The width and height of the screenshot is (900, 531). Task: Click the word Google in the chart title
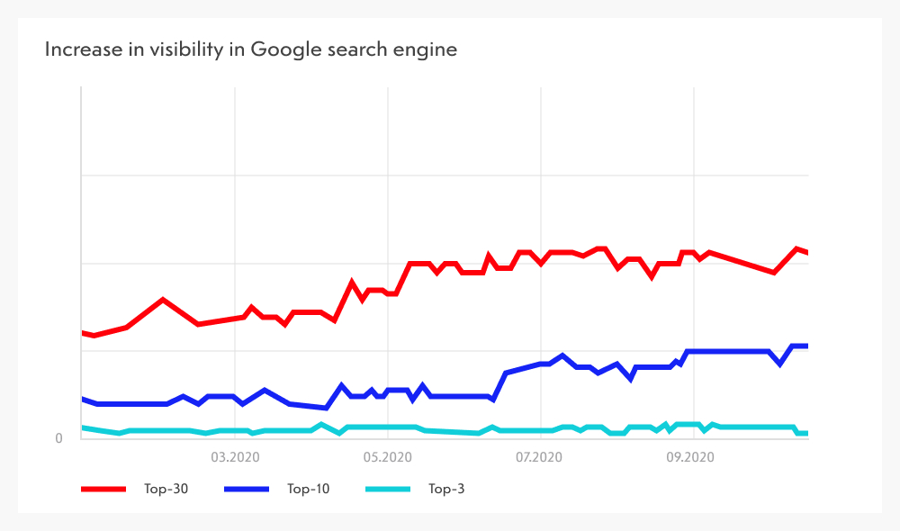(282, 49)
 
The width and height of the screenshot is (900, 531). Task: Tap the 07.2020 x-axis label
(539, 457)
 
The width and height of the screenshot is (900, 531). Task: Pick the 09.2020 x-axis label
(691, 457)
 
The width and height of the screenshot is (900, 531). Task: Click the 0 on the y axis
(59, 438)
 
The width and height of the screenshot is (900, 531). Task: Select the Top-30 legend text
(165, 490)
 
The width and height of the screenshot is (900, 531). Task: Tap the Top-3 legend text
(445, 490)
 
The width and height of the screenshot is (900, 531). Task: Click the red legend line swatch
(103, 490)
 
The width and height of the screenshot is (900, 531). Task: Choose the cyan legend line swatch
(387, 490)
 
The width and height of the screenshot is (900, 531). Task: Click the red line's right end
(807, 253)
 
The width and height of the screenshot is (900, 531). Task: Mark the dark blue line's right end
(807, 346)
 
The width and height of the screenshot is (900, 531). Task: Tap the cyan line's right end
(807, 433)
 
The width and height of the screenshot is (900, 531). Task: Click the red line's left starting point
(82, 333)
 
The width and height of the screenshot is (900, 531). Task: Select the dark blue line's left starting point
(82, 399)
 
